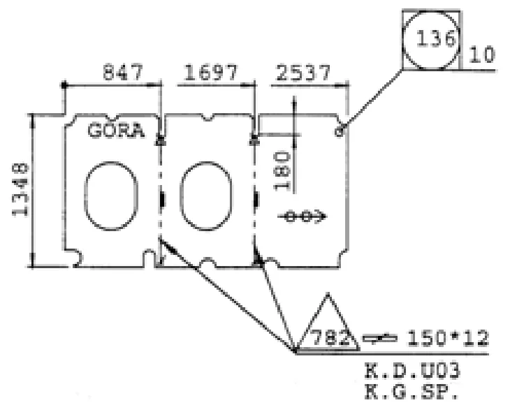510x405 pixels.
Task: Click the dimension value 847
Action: pos(123,72)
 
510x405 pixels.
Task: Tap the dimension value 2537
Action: pos(303,73)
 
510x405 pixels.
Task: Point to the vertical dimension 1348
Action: pos(20,189)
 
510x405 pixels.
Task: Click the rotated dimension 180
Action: pos(282,170)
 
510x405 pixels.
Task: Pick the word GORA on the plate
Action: pos(116,131)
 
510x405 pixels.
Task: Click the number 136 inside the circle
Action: pos(436,38)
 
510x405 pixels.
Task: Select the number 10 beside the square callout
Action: pos(482,54)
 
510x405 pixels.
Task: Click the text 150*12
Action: pos(448,338)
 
